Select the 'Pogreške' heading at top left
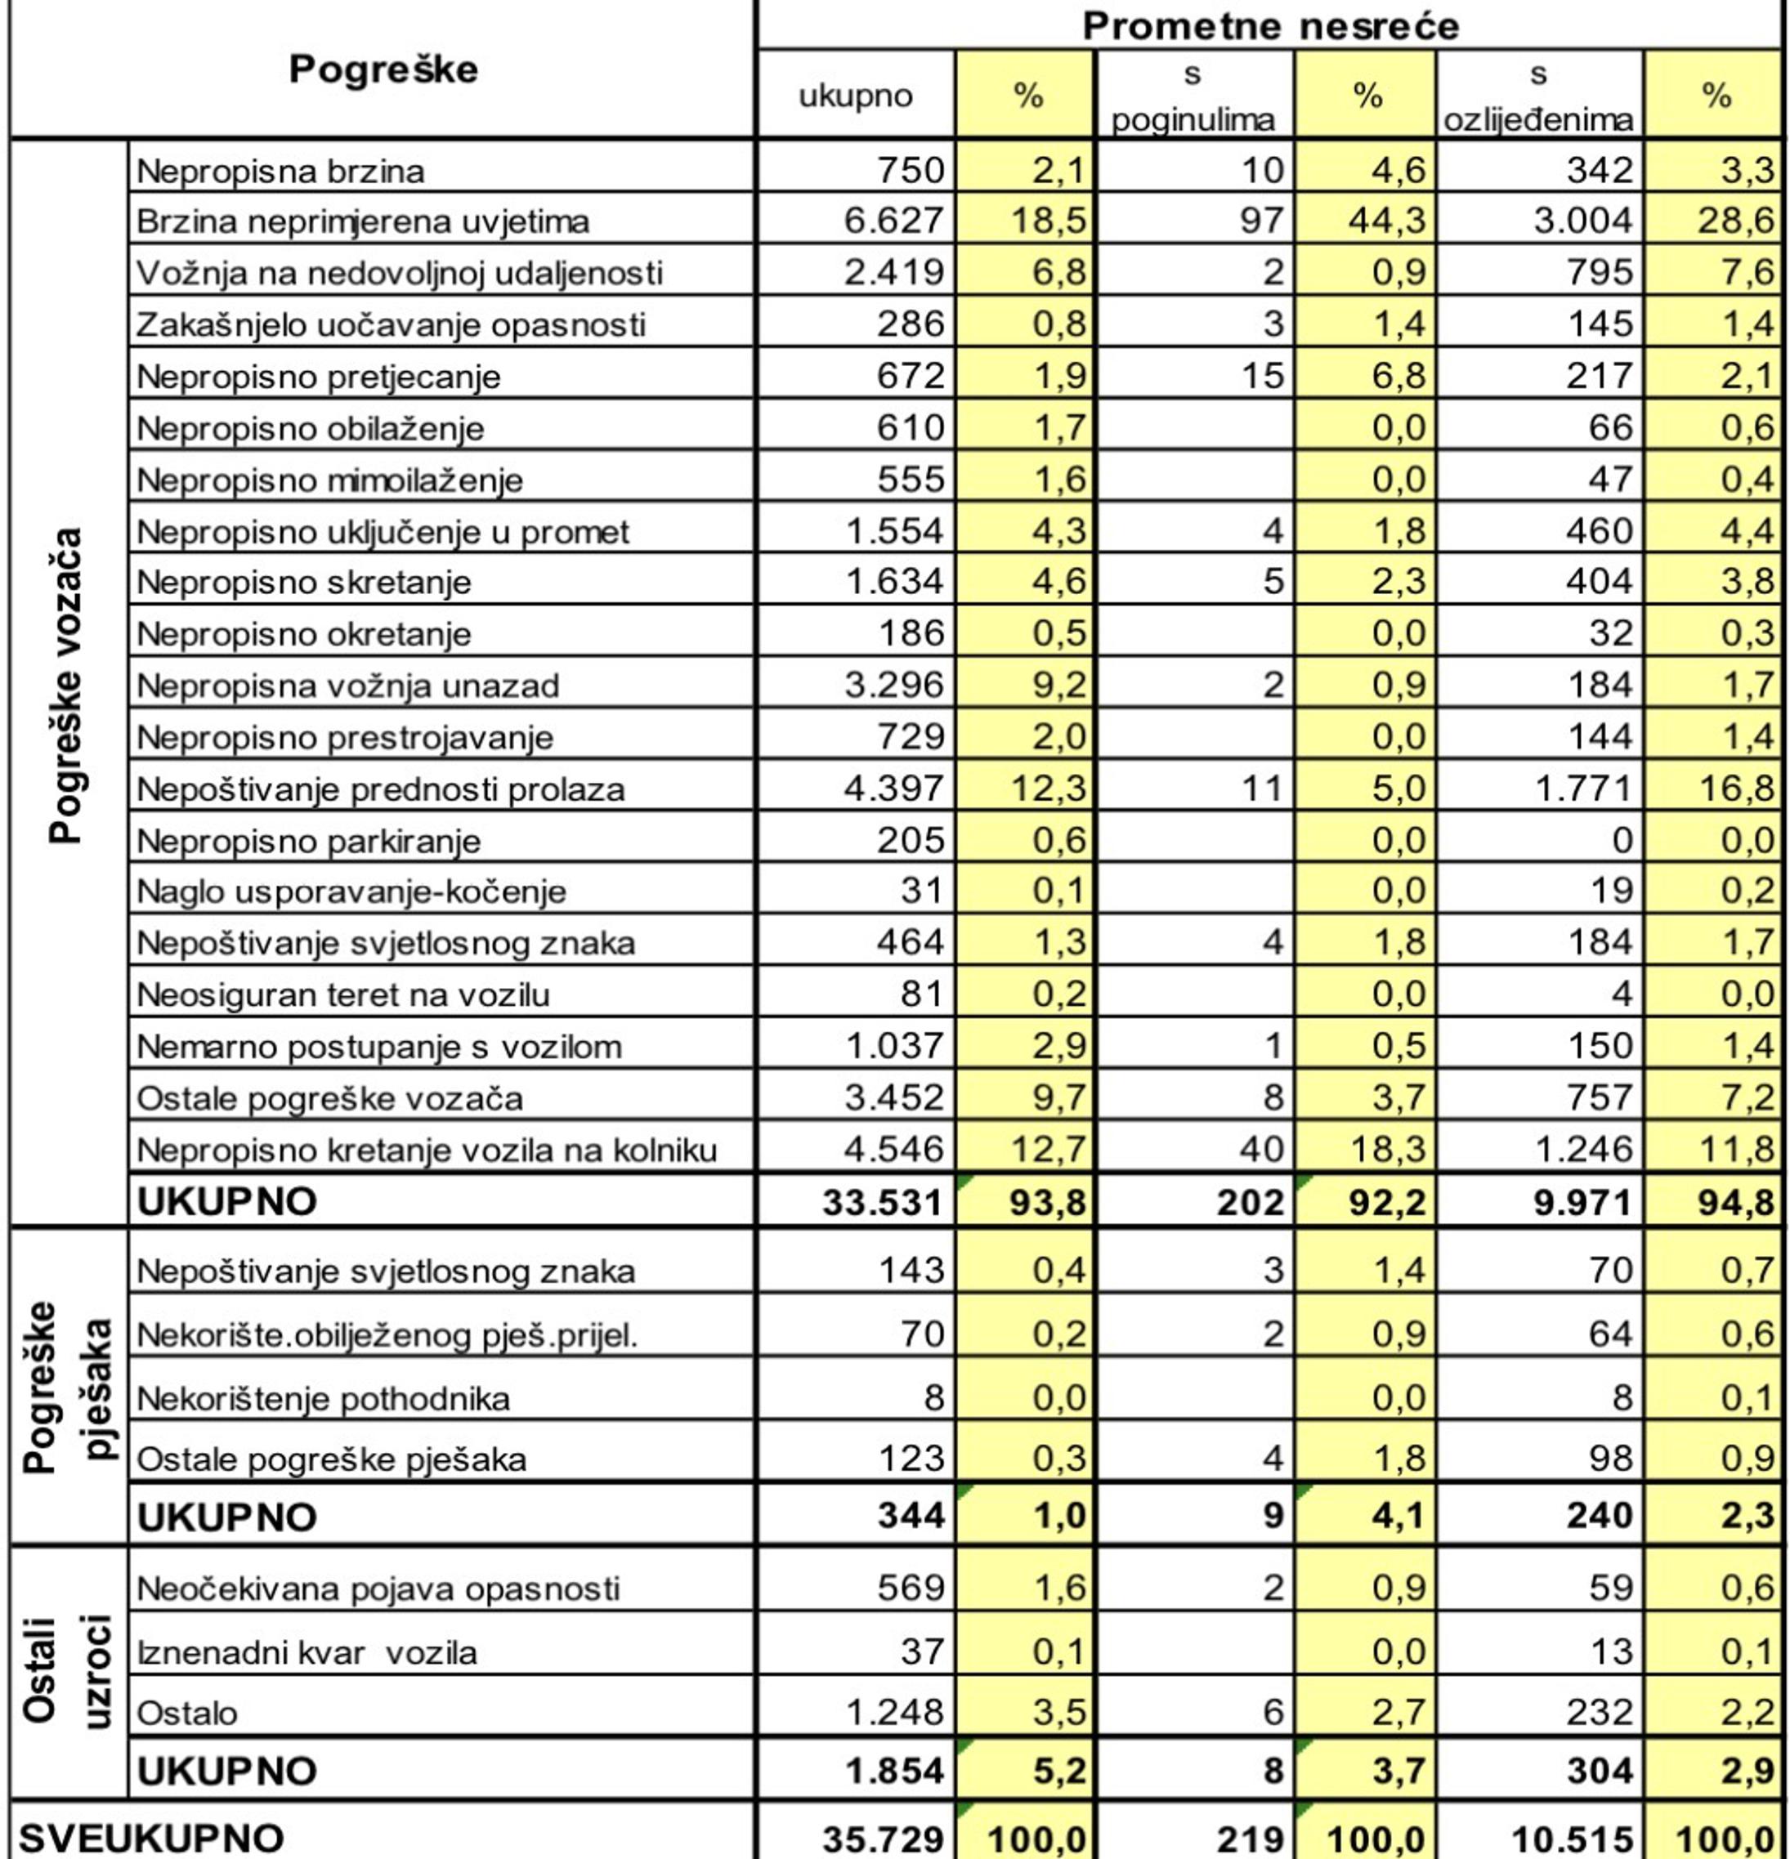tap(383, 69)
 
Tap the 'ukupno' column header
tap(856, 96)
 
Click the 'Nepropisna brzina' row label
tap(281, 172)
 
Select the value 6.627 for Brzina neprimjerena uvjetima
tap(894, 221)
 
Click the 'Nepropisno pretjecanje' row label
tap(319, 377)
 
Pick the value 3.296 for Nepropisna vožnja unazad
tap(894, 685)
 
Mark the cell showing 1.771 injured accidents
tap(1584, 789)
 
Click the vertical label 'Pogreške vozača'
tap(66, 685)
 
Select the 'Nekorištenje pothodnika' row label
tap(324, 1398)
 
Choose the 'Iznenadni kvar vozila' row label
tap(307, 1652)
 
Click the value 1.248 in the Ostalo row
tap(894, 1712)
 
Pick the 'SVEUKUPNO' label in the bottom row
tap(152, 1838)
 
